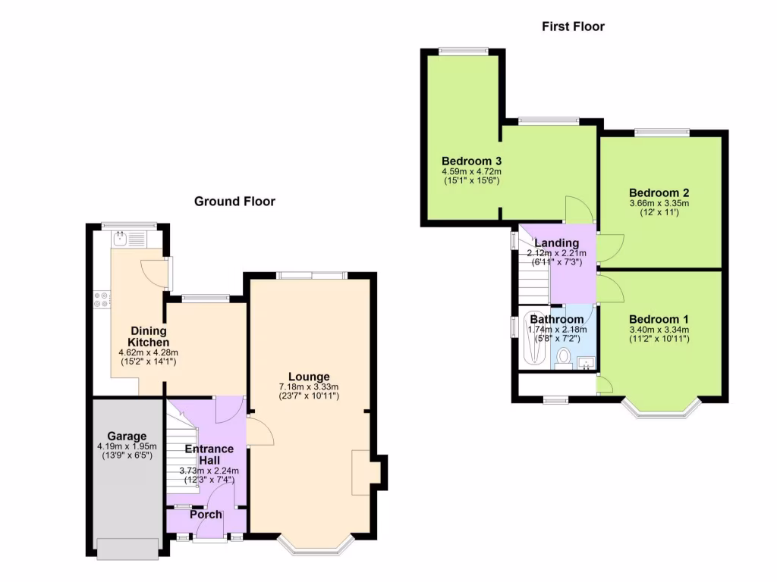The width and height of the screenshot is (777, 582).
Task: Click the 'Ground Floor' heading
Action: point(234,202)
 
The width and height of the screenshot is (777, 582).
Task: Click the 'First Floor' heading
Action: point(573,27)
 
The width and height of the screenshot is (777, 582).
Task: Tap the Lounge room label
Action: point(309,377)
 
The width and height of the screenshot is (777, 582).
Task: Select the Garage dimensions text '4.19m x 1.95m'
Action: point(127,446)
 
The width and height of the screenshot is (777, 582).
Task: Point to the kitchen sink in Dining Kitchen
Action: point(121,239)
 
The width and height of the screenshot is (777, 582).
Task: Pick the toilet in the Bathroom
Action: point(564,357)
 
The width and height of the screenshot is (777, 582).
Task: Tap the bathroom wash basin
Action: point(585,362)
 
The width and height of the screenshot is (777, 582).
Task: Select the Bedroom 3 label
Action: point(472,161)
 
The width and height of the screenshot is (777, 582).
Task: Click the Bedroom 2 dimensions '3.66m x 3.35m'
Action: point(659,203)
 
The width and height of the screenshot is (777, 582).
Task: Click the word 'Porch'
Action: point(206,515)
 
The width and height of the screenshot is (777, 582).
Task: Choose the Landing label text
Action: point(557,243)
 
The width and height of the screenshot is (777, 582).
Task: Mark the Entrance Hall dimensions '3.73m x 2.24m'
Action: point(209,470)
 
